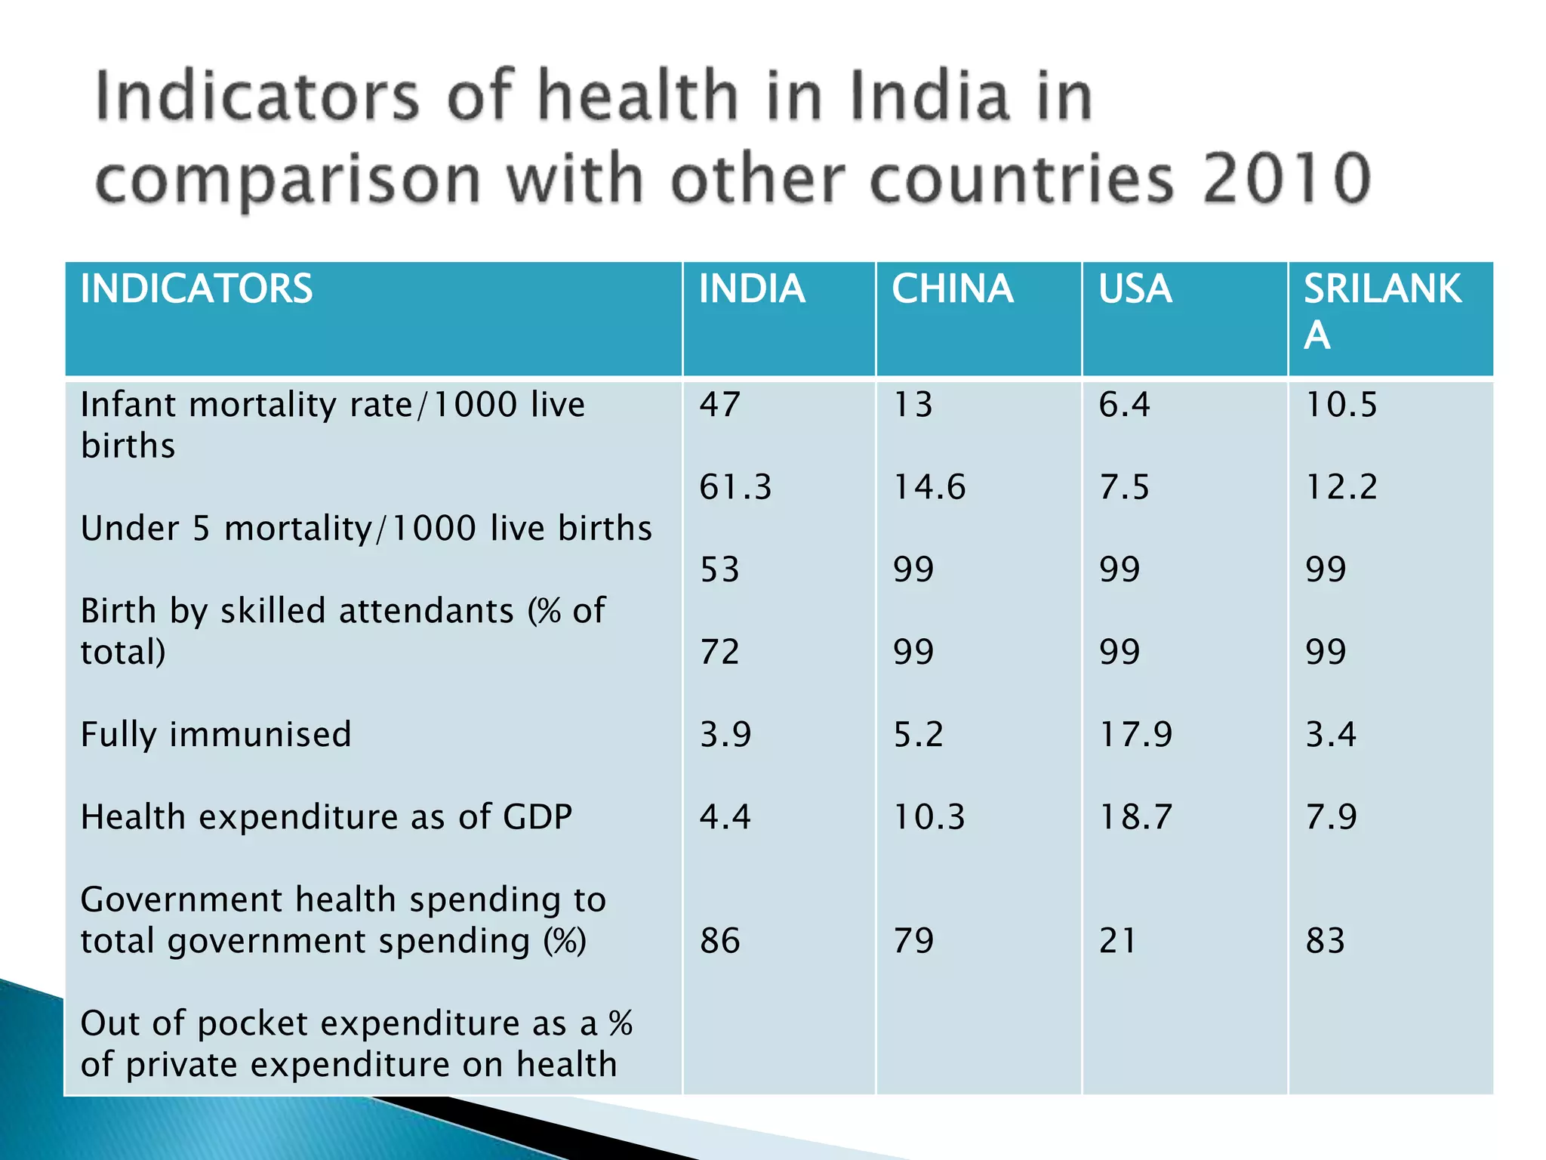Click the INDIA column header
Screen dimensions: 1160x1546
click(751, 289)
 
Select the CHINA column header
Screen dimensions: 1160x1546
click(952, 289)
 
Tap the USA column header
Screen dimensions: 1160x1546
click(1135, 289)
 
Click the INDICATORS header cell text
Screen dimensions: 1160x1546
click(196, 289)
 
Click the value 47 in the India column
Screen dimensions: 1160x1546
click(719, 405)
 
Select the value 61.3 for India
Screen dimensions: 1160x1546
click(735, 487)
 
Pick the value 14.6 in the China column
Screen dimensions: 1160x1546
click(929, 487)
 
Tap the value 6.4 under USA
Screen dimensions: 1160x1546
click(1124, 405)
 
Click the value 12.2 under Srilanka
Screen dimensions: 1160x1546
click(1341, 487)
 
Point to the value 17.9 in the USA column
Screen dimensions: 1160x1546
click(1135, 735)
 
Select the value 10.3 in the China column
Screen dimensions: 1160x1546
click(929, 817)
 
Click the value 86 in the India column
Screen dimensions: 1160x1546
click(719, 941)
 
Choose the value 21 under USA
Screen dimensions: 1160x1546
click(1117, 941)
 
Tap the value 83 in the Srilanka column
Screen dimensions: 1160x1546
click(1326, 941)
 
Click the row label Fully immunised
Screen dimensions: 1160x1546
click(216, 735)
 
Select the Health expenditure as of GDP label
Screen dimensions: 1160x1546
click(326, 817)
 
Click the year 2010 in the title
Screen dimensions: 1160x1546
click(1286, 179)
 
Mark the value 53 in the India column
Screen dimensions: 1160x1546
click(719, 569)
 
